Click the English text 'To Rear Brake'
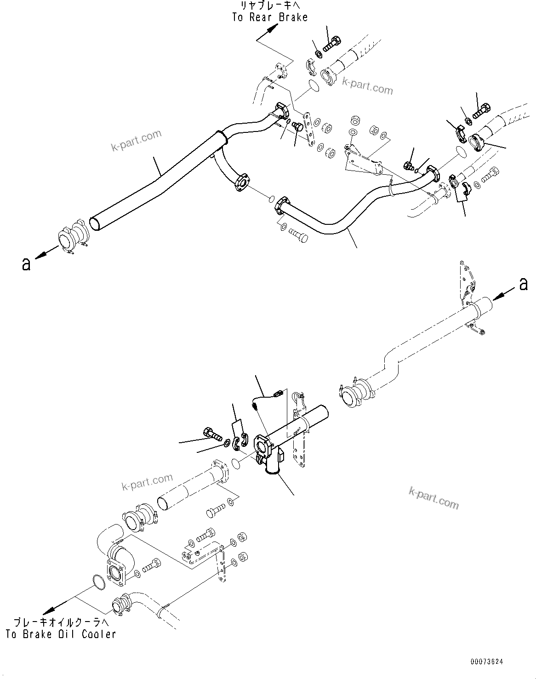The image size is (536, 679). (x=269, y=17)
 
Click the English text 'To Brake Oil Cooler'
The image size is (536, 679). (x=60, y=634)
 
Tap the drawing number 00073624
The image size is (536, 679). (x=486, y=662)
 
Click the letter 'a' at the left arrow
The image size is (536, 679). (x=26, y=264)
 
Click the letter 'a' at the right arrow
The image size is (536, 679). (x=524, y=285)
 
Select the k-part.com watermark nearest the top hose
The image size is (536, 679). (x=368, y=86)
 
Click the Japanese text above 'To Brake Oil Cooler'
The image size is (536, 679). (x=61, y=623)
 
